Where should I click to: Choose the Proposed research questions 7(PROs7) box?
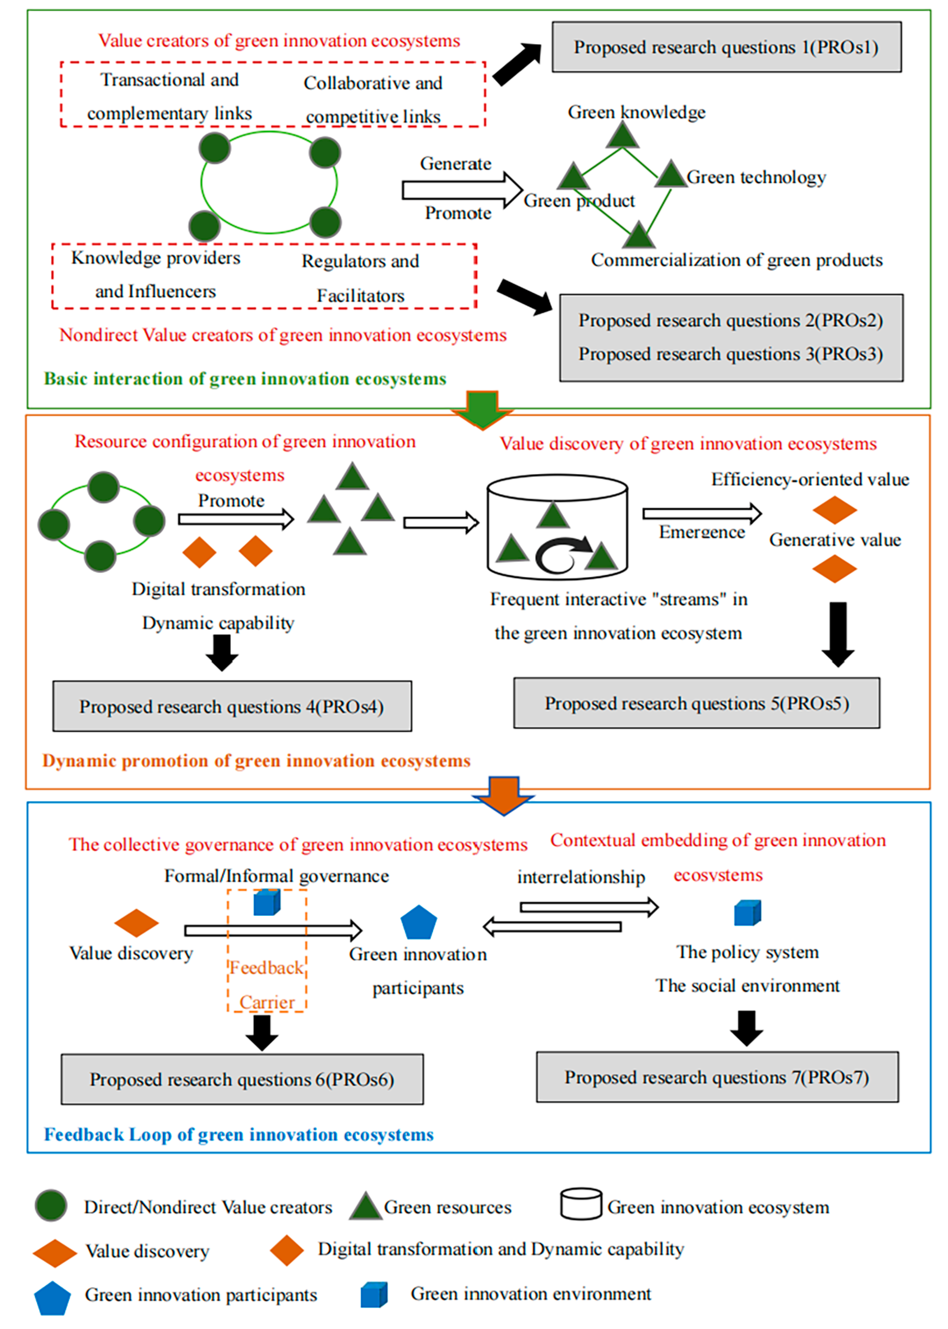click(x=717, y=1077)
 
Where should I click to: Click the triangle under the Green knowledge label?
click(x=622, y=135)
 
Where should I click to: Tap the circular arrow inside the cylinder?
click(x=562, y=555)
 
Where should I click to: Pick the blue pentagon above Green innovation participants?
click(x=419, y=923)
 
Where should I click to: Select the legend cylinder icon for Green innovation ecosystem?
click(x=581, y=1204)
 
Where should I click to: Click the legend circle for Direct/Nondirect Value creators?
click(x=51, y=1205)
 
